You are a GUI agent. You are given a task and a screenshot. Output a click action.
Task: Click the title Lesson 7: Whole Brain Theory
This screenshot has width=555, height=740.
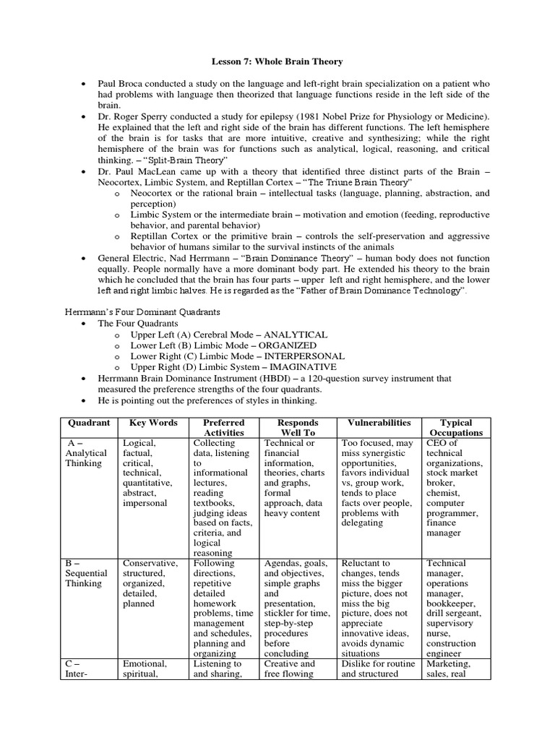[x=277, y=62]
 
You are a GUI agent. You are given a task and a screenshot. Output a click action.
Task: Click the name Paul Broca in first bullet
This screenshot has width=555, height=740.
[x=121, y=85]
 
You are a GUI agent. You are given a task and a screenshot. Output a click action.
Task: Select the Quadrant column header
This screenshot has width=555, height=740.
[x=88, y=423]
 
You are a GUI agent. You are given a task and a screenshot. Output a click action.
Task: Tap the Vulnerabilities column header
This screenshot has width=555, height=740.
[x=379, y=423]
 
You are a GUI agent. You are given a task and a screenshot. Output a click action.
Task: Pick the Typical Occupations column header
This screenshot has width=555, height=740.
[x=455, y=428]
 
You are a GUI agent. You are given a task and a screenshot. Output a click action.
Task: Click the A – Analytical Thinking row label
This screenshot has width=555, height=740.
[x=86, y=453]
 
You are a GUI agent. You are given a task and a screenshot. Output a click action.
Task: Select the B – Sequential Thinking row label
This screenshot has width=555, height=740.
[x=86, y=574]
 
